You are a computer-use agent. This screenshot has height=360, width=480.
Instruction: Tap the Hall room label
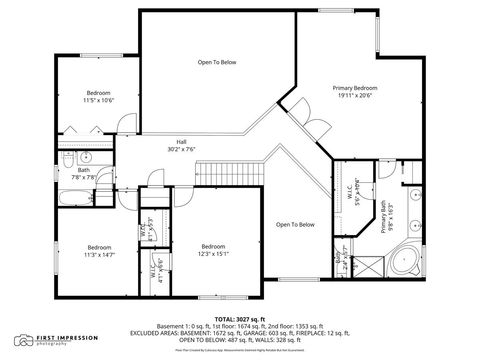(x=182, y=145)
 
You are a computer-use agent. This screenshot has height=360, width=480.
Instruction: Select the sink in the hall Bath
(x=85, y=158)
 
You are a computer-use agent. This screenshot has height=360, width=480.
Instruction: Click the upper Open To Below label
(x=216, y=62)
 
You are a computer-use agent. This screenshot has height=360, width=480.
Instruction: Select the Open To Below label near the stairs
(x=295, y=224)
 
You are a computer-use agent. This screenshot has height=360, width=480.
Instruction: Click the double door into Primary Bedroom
(x=316, y=129)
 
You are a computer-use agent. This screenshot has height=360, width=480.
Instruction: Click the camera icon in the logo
(x=22, y=341)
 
